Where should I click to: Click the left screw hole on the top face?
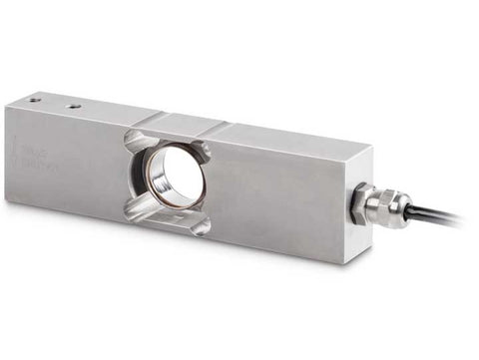(35, 100)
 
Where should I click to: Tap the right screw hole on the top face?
(73, 104)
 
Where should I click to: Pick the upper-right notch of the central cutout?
(203, 151)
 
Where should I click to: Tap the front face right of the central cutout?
(279, 199)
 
